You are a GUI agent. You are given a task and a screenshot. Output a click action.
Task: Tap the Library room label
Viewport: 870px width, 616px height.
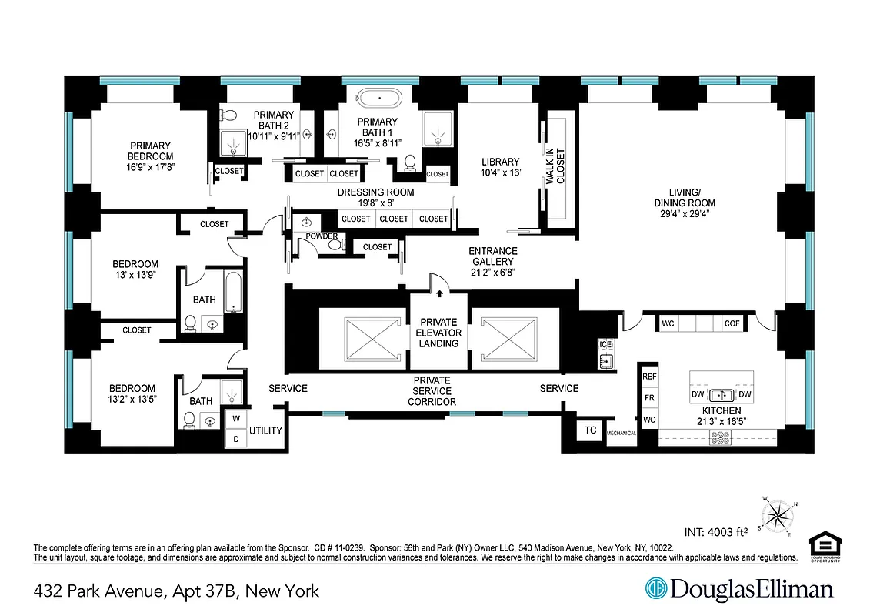click(x=501, y=162)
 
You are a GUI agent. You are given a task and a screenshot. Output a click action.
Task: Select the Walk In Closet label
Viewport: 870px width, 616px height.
click(x=555, y=165)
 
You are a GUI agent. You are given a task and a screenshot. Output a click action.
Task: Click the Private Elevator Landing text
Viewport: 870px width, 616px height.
click(x=439, y=333)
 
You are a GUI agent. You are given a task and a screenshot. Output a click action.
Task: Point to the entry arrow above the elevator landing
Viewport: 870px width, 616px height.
click(x=439, y=293)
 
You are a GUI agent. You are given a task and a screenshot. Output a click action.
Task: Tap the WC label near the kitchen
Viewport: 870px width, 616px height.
click(x=668, y=324)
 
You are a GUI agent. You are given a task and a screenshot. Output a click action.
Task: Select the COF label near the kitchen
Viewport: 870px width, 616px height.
click(x=732, y=324)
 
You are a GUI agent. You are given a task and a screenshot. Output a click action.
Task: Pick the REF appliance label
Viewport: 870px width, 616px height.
click(x=649, y=377)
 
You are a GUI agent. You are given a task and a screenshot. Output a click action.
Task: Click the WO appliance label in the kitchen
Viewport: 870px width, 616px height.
click(x=649, y=420)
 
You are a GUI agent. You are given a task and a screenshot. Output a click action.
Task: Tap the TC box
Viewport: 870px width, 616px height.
click(x=591, y=430)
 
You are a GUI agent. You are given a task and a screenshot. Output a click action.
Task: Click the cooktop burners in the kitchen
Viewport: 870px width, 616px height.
click(x=721, y=437)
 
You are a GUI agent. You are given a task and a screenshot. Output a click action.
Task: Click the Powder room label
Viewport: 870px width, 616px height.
click(x=321, y=236)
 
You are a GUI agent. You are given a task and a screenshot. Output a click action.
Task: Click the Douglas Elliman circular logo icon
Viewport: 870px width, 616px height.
click(x=656, y=590)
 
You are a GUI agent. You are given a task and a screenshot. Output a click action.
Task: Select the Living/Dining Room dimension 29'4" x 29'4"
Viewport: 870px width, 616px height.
click(x=678, y=215)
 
